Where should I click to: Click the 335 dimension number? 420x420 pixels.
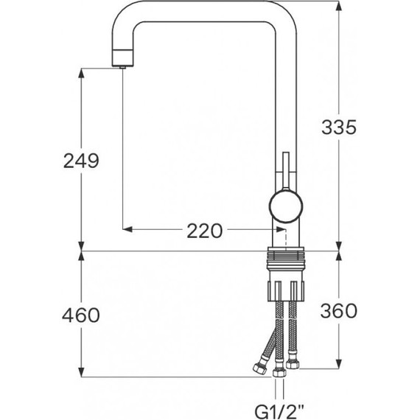pyautogui.click(x=339, y=127)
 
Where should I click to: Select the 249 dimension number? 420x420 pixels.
pyautogui.click(x=81, y=161)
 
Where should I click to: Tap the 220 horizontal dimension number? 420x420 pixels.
pyautogui.click(x=204, y=231)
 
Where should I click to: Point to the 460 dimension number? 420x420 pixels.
pyautogui.click(x=81, y=315)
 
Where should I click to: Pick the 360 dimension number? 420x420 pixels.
pyautogui.click(x=339, y=311)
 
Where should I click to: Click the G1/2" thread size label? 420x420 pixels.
pyautogui.click(x=279, y=412)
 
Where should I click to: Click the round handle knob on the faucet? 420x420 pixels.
pyautogui.click(x=286, y=206)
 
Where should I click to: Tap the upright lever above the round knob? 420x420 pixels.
pyautogui.click(x=286, y=171)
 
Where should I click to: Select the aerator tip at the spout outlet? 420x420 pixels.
pyautogui.click(x=122, y=67)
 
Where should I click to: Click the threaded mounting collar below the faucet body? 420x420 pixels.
pyautogui.click(x=286, y=258)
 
